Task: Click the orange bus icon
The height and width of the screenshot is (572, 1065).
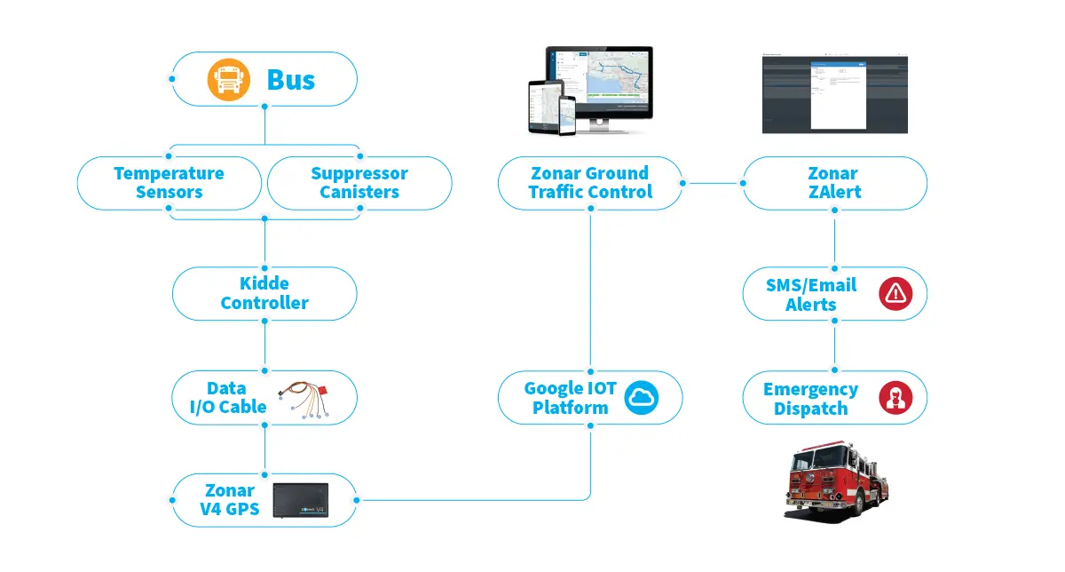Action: pos(225,79)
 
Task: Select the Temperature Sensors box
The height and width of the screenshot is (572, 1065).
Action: pos(170,183)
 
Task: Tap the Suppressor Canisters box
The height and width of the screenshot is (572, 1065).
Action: pos(359,183)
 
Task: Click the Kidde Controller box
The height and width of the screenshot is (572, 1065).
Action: pos(264,293)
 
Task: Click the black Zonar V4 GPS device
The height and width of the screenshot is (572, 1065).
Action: pos(300,500)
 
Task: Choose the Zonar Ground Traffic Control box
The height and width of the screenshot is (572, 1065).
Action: pos(590,183)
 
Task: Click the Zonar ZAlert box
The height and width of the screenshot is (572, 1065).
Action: pos(834,183)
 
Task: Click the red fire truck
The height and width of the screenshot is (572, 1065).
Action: pos(834,484)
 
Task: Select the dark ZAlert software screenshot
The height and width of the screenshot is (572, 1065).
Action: pos(834,94)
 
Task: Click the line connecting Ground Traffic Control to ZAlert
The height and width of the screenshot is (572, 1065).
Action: pos(713,184)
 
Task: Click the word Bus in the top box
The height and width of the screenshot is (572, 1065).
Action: pos(291,80)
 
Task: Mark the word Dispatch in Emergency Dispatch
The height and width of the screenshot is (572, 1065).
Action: pos(810,409)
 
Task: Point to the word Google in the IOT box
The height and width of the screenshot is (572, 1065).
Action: pos(556,388)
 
